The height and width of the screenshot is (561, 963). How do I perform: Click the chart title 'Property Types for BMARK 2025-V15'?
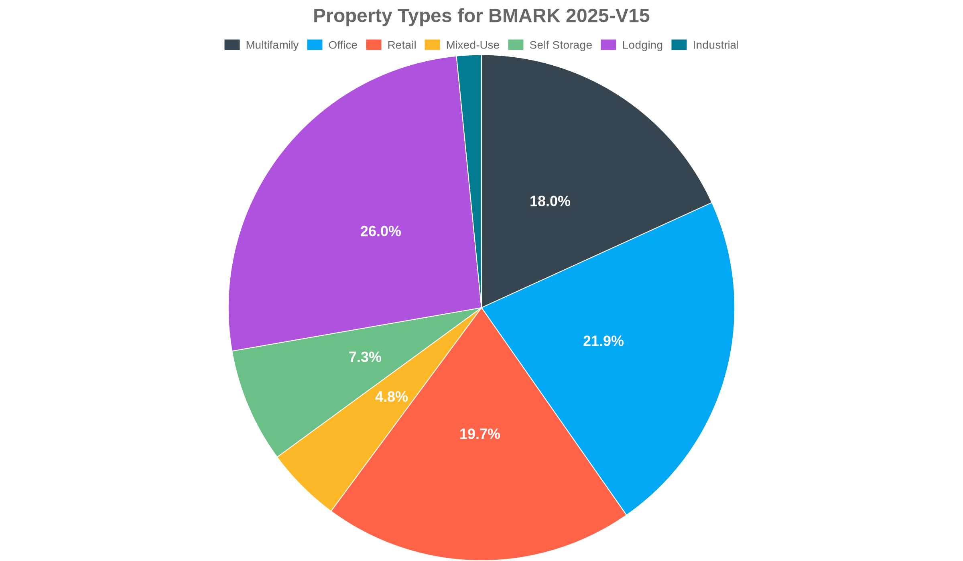tap(481, 16)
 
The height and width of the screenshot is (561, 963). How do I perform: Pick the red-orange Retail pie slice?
tap(481, 481)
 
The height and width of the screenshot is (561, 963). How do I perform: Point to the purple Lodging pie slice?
tap(341, 180)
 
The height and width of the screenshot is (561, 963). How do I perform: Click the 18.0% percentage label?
tap(550, 202)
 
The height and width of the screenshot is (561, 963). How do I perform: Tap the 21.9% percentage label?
tap(603, 341)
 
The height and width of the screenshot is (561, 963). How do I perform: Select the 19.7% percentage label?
tap(479, 434)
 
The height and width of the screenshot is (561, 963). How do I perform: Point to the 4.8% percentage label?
tap(391, 397)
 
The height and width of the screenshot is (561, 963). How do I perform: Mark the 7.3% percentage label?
tap(365, 357)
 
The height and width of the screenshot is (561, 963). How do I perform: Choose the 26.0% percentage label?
tap(380, 232)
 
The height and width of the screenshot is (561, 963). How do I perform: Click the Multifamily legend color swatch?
tap(232, 45)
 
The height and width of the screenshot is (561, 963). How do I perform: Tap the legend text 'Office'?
tap(343, 45)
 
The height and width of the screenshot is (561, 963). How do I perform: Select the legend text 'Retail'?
tap(402, 45)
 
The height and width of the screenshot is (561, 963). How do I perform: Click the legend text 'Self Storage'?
tap(561, 45)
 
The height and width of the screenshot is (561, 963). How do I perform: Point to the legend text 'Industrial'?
tap(715, 45)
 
